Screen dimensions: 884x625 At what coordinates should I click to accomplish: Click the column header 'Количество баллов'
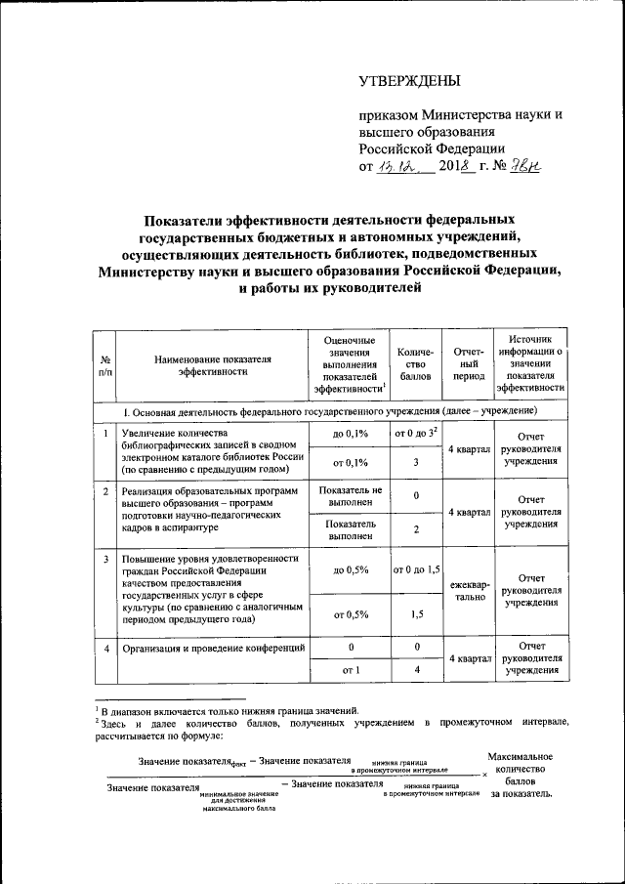pos(416,362)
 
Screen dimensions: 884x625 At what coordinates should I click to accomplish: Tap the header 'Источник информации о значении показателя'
pos(530,361)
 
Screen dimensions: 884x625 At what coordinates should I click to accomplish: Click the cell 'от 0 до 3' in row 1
pos(416,432)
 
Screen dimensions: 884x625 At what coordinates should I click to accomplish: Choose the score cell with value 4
pos(416,670)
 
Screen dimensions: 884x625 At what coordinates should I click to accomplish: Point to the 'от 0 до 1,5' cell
pos(416,568)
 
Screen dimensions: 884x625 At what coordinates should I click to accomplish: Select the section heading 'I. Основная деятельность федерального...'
pos(327,410)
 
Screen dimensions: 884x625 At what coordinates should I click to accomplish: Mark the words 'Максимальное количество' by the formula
pos(521,763)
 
